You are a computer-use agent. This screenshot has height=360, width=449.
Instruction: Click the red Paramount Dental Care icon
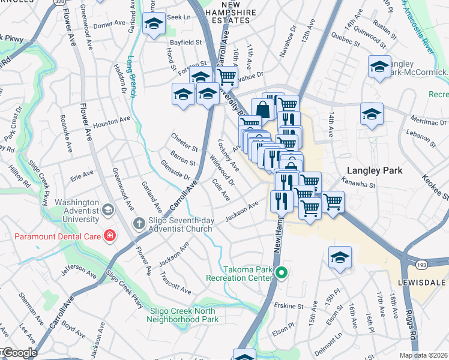(110, 235)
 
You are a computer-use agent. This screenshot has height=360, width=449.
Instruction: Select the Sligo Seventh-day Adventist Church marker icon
(138, 224)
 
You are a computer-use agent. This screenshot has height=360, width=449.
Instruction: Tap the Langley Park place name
(377, 170)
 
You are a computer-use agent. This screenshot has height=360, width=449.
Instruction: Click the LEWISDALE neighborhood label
(423, 281)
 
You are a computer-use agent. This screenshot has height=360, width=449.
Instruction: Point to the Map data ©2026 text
(423, 355)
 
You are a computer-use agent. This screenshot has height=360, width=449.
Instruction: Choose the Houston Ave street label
(111, 119)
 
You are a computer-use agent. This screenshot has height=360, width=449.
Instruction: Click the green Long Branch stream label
(132, 76)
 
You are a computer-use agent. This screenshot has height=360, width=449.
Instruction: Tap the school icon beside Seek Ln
(154, 25)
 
